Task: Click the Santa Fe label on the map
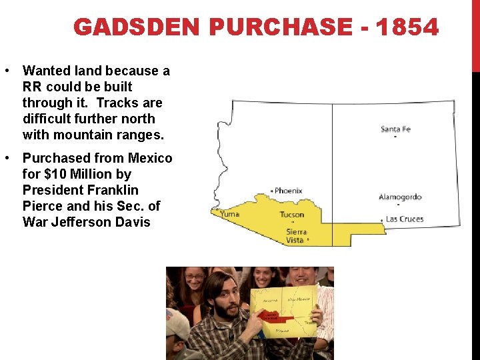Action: point(395,129)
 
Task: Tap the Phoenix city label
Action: point(288,191)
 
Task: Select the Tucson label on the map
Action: point(291,215)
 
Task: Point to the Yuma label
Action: point(229,215)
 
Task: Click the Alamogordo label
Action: point(400,197)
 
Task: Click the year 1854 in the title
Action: point(407,28)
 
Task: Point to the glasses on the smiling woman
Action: point(195,277)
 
